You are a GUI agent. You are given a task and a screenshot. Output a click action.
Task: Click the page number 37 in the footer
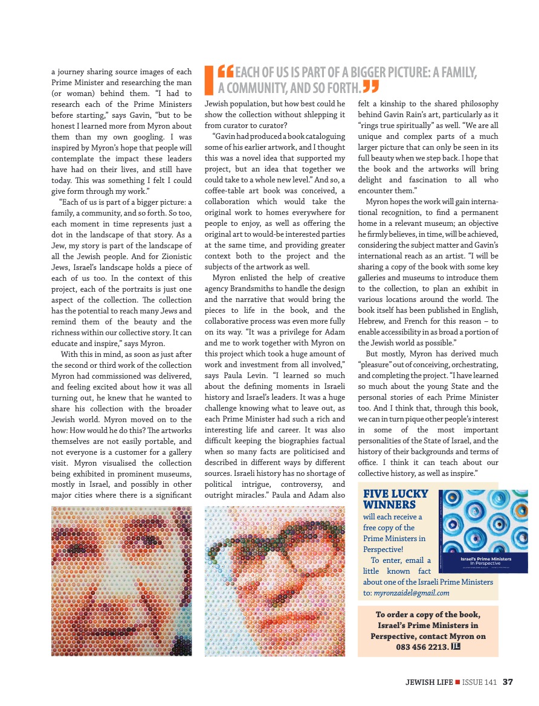[508, 682]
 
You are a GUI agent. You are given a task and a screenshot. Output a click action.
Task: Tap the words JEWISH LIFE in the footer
[429, 682]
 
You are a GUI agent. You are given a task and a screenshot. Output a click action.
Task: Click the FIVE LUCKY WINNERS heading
[395, 499]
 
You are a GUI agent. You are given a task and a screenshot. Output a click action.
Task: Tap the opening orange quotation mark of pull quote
[225, 72]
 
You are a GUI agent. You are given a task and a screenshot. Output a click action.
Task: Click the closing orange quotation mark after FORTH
[371, 88]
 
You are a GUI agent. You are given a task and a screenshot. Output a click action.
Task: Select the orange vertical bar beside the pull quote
[210, 80]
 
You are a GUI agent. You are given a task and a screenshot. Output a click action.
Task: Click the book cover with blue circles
[483, 531]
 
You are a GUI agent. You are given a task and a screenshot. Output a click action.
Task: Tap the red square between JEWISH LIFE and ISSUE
[457, 682]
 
